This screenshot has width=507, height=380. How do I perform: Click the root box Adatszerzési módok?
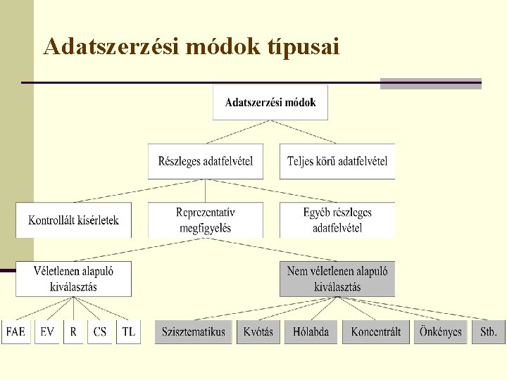pyautogui.click(x=270, y=103)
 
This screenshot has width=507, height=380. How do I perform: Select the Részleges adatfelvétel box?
pyautogui.click(x=205, y=161)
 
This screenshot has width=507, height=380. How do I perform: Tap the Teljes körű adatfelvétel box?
pyautogui.click(x=337, y=161)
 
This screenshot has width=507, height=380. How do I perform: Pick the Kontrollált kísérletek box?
pyautogui.click(x=73, y=220)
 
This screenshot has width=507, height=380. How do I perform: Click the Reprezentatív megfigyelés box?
pyautogui.click(x=205, y=220)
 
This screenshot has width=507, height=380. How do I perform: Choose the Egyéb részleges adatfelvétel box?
pyautogui.click(x=337, y=220)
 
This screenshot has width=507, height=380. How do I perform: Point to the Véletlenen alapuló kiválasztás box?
pyautogui.click(x=73, y=279)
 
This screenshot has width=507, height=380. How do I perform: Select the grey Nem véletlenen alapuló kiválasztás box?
pyautogui.click(x=337, y=279)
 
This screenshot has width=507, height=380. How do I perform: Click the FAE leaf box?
pyautogui.click(x=16, y=332)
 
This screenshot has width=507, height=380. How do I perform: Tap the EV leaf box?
pyautogui.click(x=47, y=332)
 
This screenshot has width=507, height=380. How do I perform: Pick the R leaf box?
pyautogui.click(x=73, y=332)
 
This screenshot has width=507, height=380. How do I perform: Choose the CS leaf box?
pyautogui.click(x=100, y=332)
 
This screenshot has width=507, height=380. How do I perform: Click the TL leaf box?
pyautogui.click(x=128, y=332)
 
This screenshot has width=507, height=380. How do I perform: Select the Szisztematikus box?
pyautogui.click(x=193, y=332)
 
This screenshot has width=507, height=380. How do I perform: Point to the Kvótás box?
pyautogui.click(x=258, y=332)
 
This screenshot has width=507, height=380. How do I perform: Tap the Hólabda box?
pyautogui.click(x=311, y=332)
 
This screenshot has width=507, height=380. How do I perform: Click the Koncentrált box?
pyautogui.click(x=375, y=332)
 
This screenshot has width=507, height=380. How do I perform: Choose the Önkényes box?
pyautogui.click(x=440, y=332)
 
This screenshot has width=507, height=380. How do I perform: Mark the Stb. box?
pyautogui.click(x=488, y=332)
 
